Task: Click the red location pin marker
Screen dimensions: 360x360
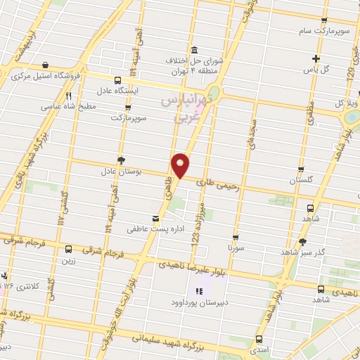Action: [x=181, y=165]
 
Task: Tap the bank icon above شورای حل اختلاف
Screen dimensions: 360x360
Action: [x=194, y=49]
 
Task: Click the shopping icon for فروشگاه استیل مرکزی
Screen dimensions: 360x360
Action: [x=45, y=64]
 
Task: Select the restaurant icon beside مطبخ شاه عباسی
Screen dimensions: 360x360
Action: [x=68, y=96]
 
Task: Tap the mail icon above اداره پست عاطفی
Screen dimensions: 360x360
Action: [x=155, y=219]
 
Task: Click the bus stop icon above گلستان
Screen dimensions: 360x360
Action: [x=301, y=170]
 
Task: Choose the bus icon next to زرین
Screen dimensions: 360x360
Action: [x=68, y=249]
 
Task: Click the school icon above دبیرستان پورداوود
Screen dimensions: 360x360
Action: [x=198, y=291]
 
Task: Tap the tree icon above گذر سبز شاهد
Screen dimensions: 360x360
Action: [x=302, y=241]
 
